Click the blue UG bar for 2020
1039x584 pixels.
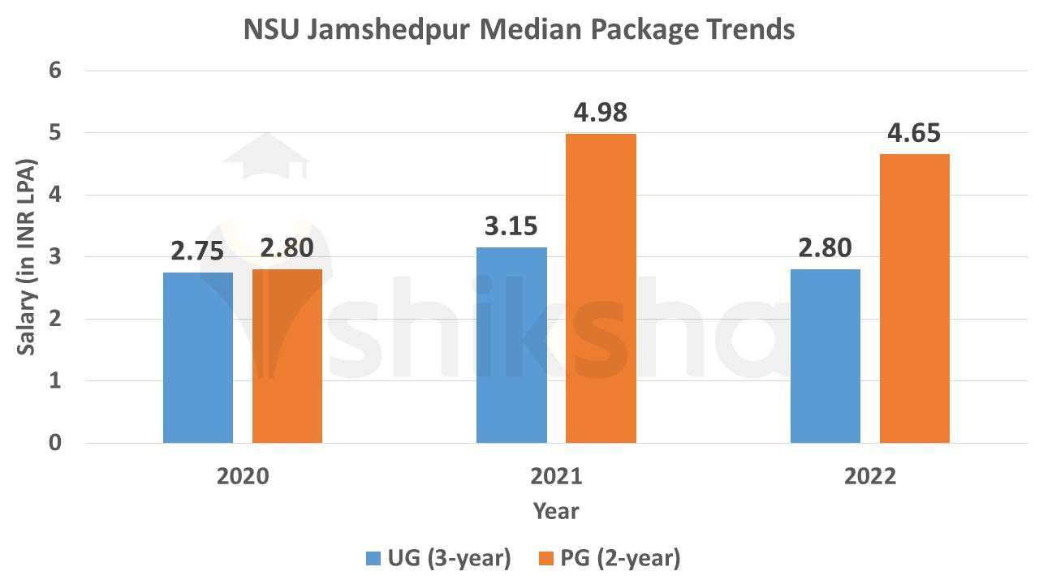(198, 358)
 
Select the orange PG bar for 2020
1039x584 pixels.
(287, 356)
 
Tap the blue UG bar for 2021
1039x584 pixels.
(511, 345)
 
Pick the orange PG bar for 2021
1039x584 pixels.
(601, 288)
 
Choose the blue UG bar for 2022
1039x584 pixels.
(825, 356)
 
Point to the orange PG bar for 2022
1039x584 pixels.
(914, 298)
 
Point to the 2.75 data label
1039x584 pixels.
(197, 251)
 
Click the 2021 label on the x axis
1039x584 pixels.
(556, 476)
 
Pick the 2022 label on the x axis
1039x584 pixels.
(869, 476)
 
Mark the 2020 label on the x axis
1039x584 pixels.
(243, 476)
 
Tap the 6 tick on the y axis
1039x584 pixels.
(55, 71)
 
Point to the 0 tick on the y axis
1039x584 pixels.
(55, 443)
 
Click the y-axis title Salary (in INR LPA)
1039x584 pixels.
(26, 257)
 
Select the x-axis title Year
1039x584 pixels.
(556, 511)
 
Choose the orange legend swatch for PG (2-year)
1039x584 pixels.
(546, 558)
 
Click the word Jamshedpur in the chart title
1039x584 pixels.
(389, 29)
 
